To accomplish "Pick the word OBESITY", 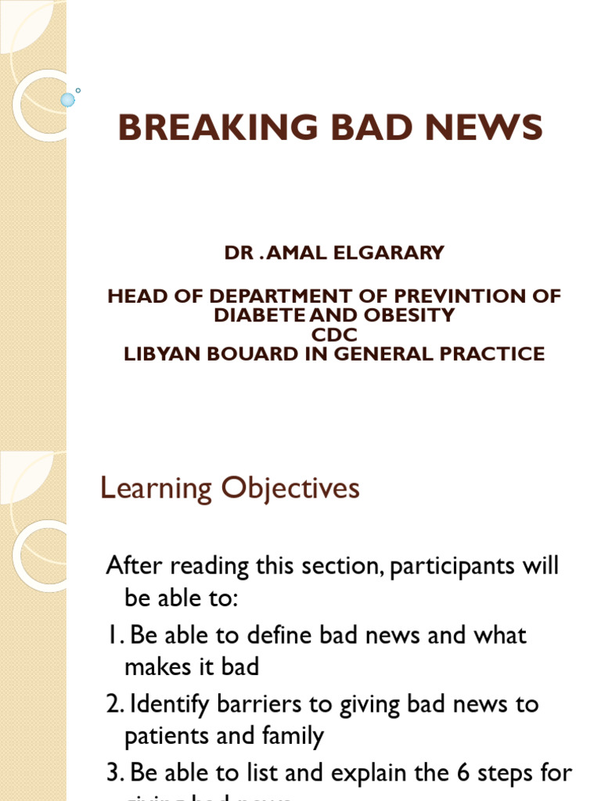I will (x=414, y=315).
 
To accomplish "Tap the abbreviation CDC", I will (x=334, y=334).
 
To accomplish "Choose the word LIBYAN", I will (x=161, y=353).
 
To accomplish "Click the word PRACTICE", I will (x=487, y=353).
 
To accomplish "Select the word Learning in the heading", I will (x=157, y=489).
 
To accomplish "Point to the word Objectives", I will (x=290, y=489).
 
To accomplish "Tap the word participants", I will (x=456, y=565).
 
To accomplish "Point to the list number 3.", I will (x=113, y=774).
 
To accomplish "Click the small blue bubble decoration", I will (x=68, y=99).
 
